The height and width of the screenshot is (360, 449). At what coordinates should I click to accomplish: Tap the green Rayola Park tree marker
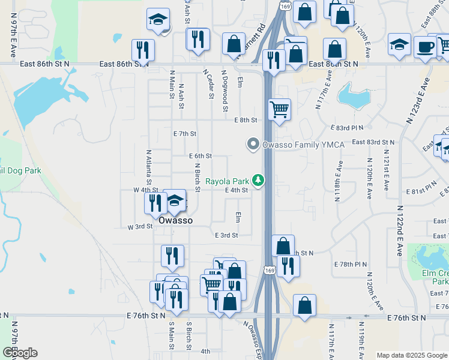click(x=259, y=180)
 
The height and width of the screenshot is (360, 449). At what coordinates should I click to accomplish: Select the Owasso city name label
click(x=175, y=220)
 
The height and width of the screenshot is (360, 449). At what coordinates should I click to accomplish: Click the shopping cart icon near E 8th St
click(x=279, y=109)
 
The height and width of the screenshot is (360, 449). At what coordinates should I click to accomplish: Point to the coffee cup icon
click(x=426, y=46)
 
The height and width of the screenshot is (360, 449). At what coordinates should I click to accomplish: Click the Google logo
click(x=19, y=353)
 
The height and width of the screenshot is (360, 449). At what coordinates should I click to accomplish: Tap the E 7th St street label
click(x=184, y=133)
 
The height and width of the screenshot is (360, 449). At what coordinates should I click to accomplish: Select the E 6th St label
click(x=200, y=155)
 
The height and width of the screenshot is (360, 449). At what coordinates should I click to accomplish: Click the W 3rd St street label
click(x=140, y=227)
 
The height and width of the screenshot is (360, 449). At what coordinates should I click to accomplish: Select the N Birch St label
click(x=196, y=176)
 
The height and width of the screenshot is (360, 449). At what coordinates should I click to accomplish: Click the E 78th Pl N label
click(x=350, y=264)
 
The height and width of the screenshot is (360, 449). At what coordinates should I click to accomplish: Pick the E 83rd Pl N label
click(x=348, y=128)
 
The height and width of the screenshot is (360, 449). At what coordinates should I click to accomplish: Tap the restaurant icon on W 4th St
click(x=155, y=202)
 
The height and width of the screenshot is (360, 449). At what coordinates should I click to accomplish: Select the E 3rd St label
click(x=226, y=235)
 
